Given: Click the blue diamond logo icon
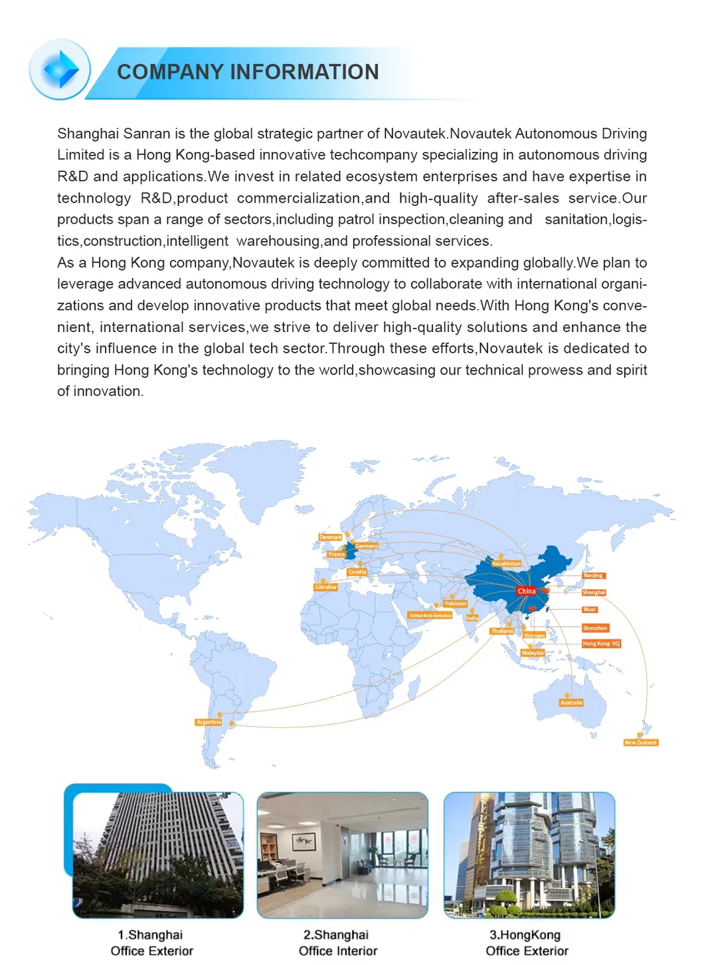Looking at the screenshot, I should (60, 70).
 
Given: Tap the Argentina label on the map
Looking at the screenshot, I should (209, 722).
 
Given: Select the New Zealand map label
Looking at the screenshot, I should (640, 743).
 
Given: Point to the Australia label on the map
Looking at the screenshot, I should (571, 702).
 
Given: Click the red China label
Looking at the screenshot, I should (526, 591).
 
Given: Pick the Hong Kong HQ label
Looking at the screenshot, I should (601, 644).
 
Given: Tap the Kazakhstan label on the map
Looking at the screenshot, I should (506, 563).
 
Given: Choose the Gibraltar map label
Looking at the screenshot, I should (325, 587).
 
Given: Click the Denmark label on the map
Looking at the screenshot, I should (331, 537).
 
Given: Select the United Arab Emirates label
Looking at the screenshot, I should (430, 616).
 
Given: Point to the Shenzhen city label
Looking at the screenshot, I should (594, 628).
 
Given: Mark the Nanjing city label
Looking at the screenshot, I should (593, 576).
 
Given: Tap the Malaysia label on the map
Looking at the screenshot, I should (533, 653).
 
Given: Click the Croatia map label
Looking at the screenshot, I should (357, 572).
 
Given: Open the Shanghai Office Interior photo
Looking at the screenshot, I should (342, 855).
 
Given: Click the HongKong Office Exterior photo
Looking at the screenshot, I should (529, 855).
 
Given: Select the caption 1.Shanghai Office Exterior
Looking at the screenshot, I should (151, 942).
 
